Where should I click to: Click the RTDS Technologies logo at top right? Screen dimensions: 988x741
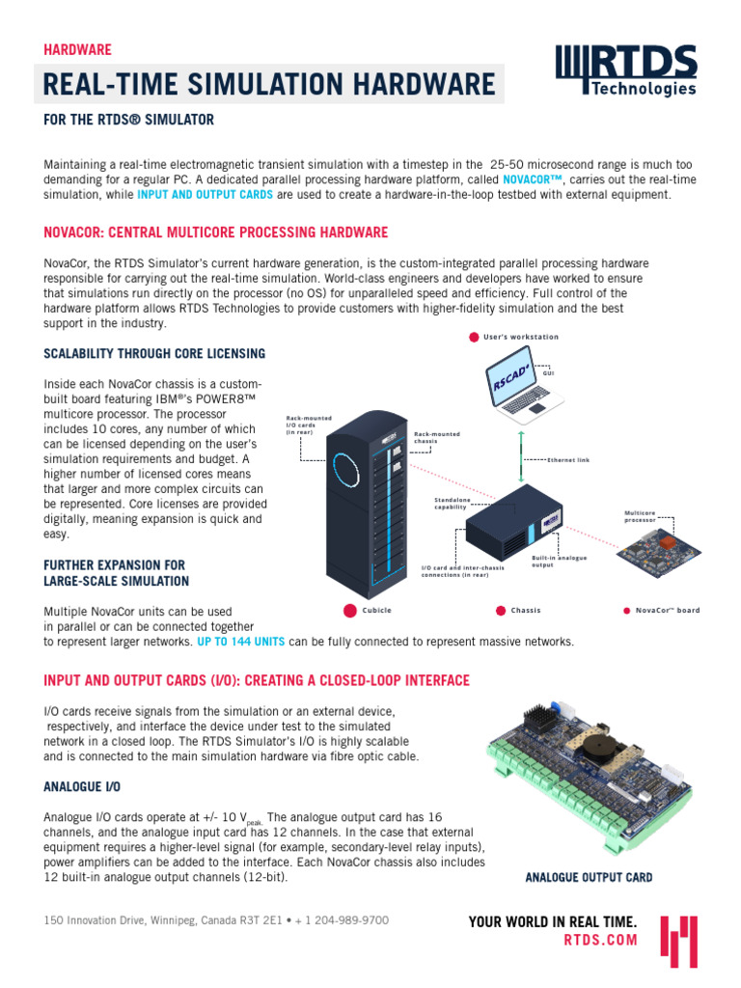click(626, 71)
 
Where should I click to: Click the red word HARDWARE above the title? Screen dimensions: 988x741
click(77, 49)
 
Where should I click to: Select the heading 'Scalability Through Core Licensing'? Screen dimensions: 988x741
click(154, 353)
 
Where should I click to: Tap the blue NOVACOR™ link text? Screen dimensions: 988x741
click(532, 179)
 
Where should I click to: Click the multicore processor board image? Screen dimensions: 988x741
click(658, 552)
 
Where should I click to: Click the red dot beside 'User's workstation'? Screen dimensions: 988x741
click(474, 337)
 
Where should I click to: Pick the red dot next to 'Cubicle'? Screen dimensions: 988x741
click(348, 610)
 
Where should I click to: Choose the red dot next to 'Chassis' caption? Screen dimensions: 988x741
click(500, 610)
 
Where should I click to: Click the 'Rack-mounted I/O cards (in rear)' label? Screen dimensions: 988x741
click(309, 425)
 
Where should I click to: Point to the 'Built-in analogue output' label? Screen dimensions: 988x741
click(559, 561)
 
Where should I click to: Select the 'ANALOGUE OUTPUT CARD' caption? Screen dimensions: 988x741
click(589, 878)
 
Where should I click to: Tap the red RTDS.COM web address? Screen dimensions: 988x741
click(600, 939)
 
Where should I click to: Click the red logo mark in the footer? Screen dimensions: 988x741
click(678, 941)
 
